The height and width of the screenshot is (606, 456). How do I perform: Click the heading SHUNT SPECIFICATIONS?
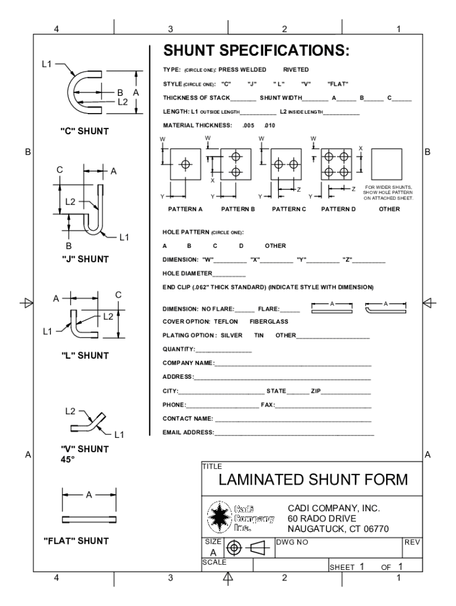[x=256, y=50]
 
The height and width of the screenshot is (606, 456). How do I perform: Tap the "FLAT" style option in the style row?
[x=337, y=83]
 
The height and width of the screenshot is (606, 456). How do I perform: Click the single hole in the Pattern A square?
[x=185, y=163]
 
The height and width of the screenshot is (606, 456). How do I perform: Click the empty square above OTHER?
[x=387, y=163]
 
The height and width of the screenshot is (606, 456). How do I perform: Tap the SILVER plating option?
[x=231, y=335]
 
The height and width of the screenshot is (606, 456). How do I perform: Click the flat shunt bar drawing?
[x=89, y=519]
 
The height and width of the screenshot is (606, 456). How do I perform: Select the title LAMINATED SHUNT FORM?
[x=313, y=479]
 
